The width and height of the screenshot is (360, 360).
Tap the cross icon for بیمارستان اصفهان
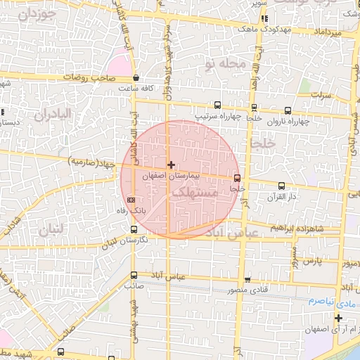pos(171,164)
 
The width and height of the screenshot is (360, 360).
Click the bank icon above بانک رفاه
pos(130,200)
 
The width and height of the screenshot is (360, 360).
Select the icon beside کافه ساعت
pos(136,79)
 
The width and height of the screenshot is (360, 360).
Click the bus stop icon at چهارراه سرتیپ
pos(217,105)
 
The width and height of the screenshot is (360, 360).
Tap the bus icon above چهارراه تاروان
pos(288,110)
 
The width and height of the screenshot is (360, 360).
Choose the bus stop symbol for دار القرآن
pos(282,186)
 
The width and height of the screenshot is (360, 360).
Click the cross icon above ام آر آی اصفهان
pos(338,319)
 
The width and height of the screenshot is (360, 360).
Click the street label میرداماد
pos(327,33)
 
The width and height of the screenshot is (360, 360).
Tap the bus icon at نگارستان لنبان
pos(134,229)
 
